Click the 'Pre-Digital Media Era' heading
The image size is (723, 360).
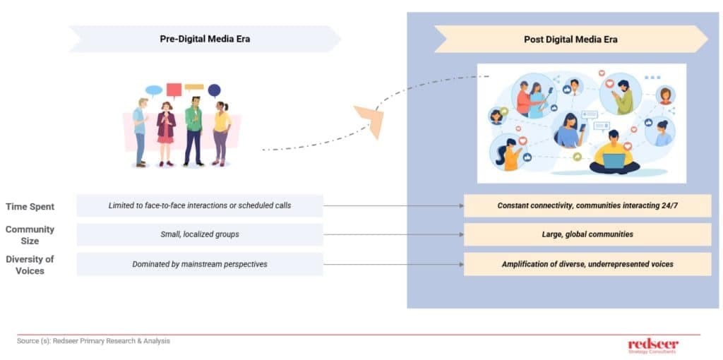click(x=204, y=39)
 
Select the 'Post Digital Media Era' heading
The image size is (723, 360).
click(x=570, y=40)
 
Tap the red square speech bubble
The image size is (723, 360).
click(x=174, y=90)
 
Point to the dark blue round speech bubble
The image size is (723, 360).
click(x=214, y=90)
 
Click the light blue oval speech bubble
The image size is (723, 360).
click(x=153, y=90)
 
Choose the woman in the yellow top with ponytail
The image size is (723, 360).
click(x=221, y=133)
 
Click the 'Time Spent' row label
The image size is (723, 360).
click(x=30, y=206)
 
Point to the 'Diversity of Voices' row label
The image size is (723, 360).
click(x=30, y=264)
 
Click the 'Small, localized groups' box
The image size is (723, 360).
click(x=200, y=234)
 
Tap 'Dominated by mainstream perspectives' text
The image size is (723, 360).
click(x=200, y=264)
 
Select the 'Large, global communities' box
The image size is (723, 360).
click(x=587, y=234)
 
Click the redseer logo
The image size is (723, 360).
click(x=652, y=344)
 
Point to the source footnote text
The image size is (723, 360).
click(x=93, y=341)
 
